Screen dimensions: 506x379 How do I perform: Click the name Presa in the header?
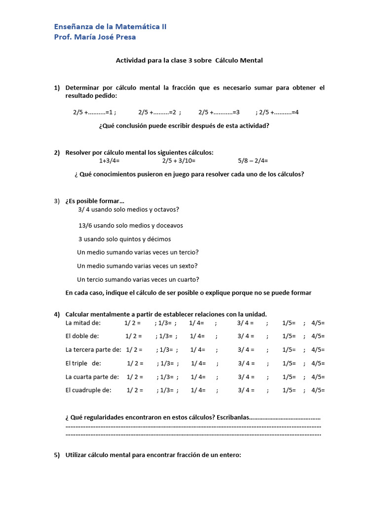[124, 37]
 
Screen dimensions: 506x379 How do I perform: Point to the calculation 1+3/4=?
[109, 161]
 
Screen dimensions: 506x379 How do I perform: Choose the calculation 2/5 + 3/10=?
[179, 161]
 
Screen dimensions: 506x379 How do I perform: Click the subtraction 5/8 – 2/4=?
[253, 161]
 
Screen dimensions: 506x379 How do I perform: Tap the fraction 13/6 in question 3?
[85, 225]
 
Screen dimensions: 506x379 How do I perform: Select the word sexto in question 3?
[187, 266]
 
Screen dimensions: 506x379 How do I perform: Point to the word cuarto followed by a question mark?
[188, 279]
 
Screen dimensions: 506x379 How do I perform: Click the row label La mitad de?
[83, 323]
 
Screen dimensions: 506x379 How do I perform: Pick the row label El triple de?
[83, 363]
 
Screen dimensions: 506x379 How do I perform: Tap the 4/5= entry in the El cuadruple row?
[318, 390]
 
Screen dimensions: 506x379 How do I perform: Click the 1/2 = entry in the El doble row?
[133, 336]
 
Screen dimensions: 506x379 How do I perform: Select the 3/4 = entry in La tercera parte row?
[246, 349]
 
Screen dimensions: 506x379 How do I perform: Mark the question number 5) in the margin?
[57, 455]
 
